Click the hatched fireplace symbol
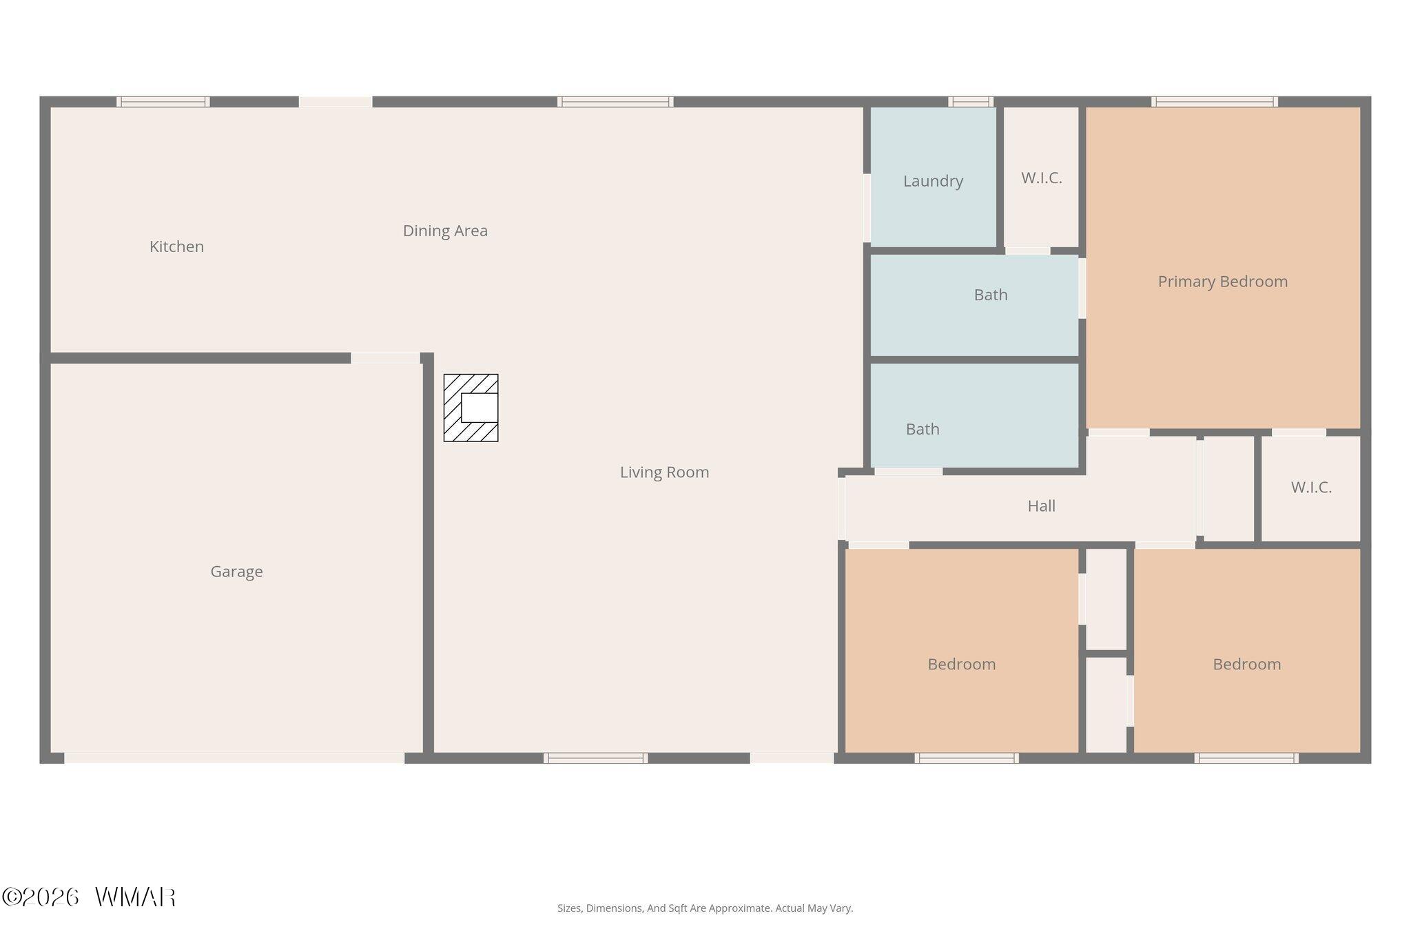471,408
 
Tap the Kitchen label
176,247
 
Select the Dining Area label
445,231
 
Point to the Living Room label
664,472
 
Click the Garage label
236,572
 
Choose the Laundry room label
933,181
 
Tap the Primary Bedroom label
1222,282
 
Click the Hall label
1041,506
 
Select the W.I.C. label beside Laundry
1041,178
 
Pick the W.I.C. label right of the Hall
1311,488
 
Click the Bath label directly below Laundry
991,295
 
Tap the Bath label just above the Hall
923,429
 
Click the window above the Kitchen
163,102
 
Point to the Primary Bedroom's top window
1215,102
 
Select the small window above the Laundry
971,102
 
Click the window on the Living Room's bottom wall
595,758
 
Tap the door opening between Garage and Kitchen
386,358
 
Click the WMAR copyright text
89,897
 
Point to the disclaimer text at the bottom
705,908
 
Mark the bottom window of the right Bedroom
1246,758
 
